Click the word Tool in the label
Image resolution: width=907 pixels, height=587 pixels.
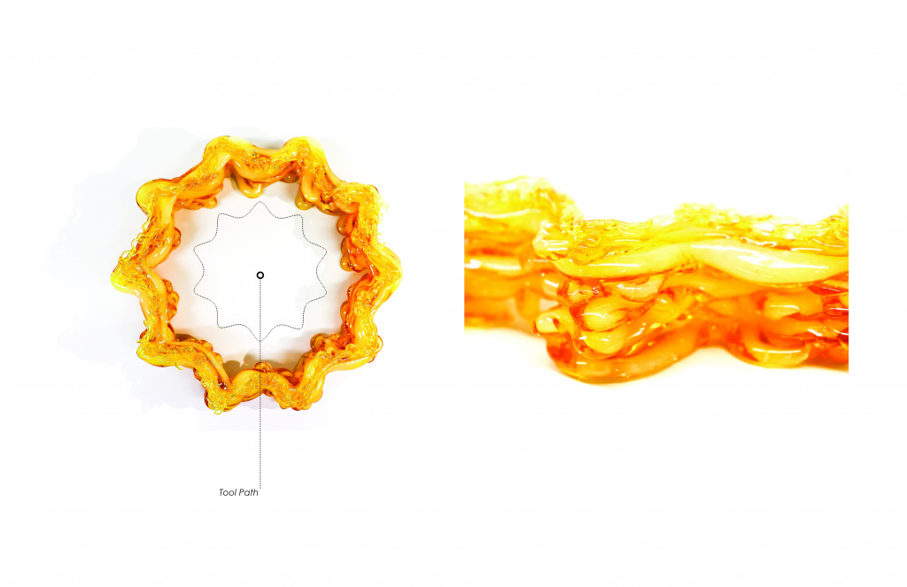pyautogui.click(x=228, y=493)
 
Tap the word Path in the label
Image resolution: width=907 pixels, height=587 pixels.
pyautogui.click(x=248, y=493)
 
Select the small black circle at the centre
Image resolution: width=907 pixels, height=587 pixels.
pyautogui.click(x=260, y=275)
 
